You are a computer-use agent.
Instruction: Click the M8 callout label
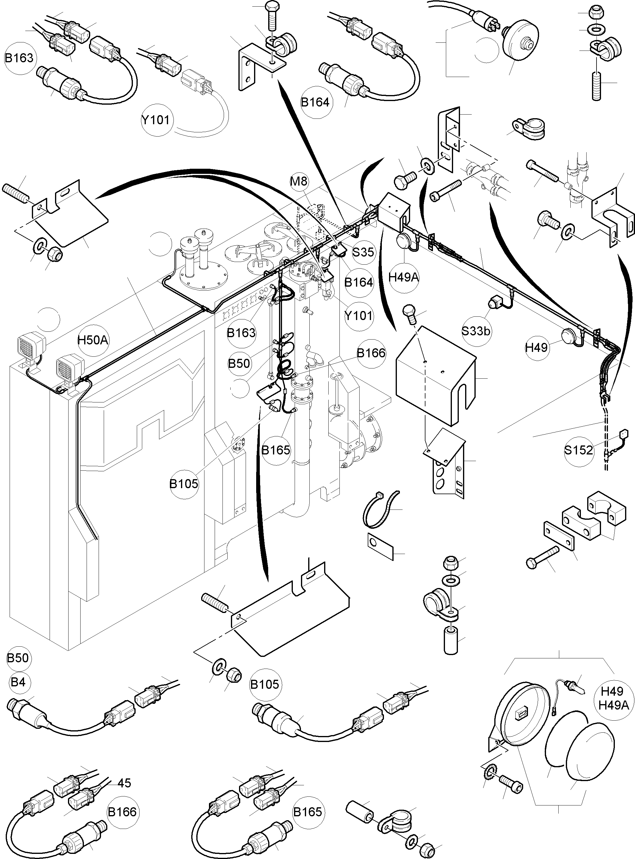pyautogui.click(x=299, y=181)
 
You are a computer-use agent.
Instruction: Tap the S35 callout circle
pyautogui.click(x=363, y=252)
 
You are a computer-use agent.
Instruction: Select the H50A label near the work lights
pyautogui.click(x=93, y=340)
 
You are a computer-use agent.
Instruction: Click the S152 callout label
pyautogui.click(x=578, y=449)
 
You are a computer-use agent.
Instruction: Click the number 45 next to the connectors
pyautogui.click(x=124, y=783)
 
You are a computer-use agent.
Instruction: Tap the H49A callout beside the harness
pyautogui.click(x=403, y=277)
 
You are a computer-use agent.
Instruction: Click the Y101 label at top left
pyautogui.click(x=155, y=120)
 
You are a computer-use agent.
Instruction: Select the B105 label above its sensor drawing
pyautogui.click(x=265, y=685)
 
